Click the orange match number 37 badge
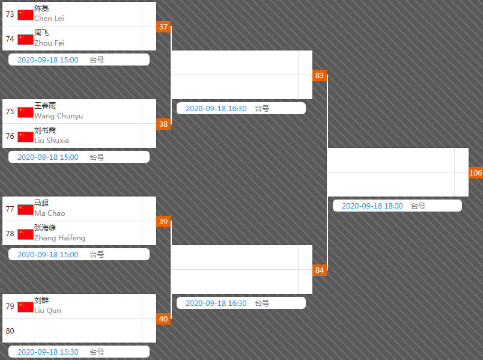point(163,27)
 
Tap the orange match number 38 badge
point(163,124)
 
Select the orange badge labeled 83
point(320,76)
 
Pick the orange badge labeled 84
point(320,270)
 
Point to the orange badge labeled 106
point(476,173)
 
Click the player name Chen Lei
point(49,19)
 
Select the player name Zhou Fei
point(49,43)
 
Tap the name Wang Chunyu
point(59,116)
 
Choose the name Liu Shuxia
point(52,141)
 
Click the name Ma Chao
point(50,213)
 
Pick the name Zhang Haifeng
point(59,238)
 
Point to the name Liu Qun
point(47,311)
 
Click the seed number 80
point(10,331)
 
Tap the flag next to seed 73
point(25,15)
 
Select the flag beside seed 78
point(25,234)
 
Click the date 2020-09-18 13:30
point(48,352)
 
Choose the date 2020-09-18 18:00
point(372,206)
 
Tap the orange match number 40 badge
point(163,319)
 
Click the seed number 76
point(10,136)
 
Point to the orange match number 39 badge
point(163,222)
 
